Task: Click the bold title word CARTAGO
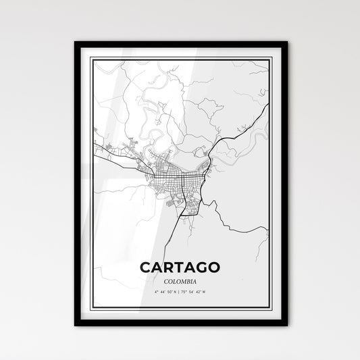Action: tap(180, 249)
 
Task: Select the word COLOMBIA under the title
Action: tap(180, 262)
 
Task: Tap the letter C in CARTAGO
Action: tap(146, 249)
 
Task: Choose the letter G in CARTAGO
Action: tap(201, 249)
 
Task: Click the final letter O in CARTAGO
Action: tap(213, 249)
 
